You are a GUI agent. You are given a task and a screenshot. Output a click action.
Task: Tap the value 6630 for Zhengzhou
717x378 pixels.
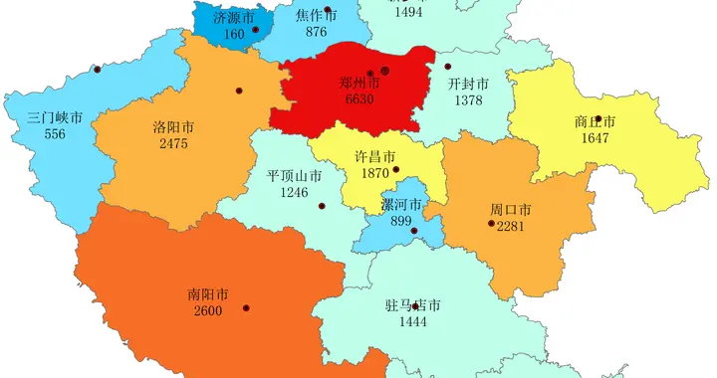(359, 101)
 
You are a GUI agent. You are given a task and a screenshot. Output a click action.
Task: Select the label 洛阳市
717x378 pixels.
(173, 127)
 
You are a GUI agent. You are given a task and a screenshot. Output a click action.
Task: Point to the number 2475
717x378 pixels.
(173, 144)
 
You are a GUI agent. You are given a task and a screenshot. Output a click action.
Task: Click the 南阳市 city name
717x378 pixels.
(208, 294)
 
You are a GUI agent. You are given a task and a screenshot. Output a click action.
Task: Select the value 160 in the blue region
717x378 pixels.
(234, 35)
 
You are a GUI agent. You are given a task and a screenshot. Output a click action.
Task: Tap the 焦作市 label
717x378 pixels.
(317, 16)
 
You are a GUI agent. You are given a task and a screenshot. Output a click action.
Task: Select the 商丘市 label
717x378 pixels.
(595, 122)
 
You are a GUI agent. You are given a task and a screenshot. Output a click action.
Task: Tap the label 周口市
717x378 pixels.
(510, 210)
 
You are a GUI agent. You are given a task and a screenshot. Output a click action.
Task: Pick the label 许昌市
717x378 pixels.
(374, 156)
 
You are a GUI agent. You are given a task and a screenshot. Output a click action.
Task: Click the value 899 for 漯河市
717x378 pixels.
(400, 221)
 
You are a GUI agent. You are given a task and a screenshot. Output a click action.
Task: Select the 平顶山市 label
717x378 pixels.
(294, 175)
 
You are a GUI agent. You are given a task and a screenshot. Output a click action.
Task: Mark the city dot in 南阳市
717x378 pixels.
(246, 307)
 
